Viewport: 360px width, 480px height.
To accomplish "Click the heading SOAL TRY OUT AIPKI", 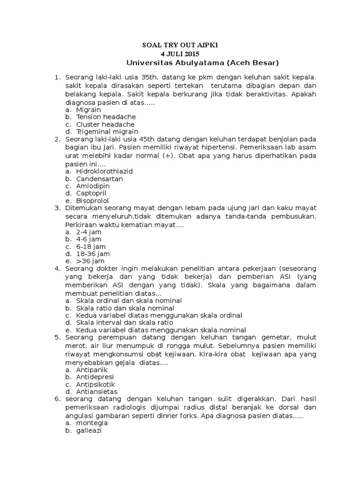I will click(x=180, y=45).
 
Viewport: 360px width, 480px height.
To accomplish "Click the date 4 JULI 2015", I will click(x=180, y=54).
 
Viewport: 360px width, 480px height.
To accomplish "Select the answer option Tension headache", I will click(x=106, y=117).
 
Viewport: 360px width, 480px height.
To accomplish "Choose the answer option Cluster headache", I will click(x=105, y=124).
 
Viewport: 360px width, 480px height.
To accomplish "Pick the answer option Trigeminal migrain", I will click(x=107, y=132).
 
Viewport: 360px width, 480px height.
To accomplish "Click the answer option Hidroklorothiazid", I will click(x=104, y=171).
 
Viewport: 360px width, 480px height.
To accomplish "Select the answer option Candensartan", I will click(x=99, y=179).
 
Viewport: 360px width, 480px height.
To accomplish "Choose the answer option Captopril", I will click(x=92, y=193).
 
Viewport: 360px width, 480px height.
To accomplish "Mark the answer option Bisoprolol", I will click(x=92, y=201).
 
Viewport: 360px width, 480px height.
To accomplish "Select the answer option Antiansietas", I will click(x=97, y=391).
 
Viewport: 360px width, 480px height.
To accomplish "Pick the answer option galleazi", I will click(x=89, y=431).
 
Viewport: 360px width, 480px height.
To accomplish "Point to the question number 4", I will click(x=58, y=269).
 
